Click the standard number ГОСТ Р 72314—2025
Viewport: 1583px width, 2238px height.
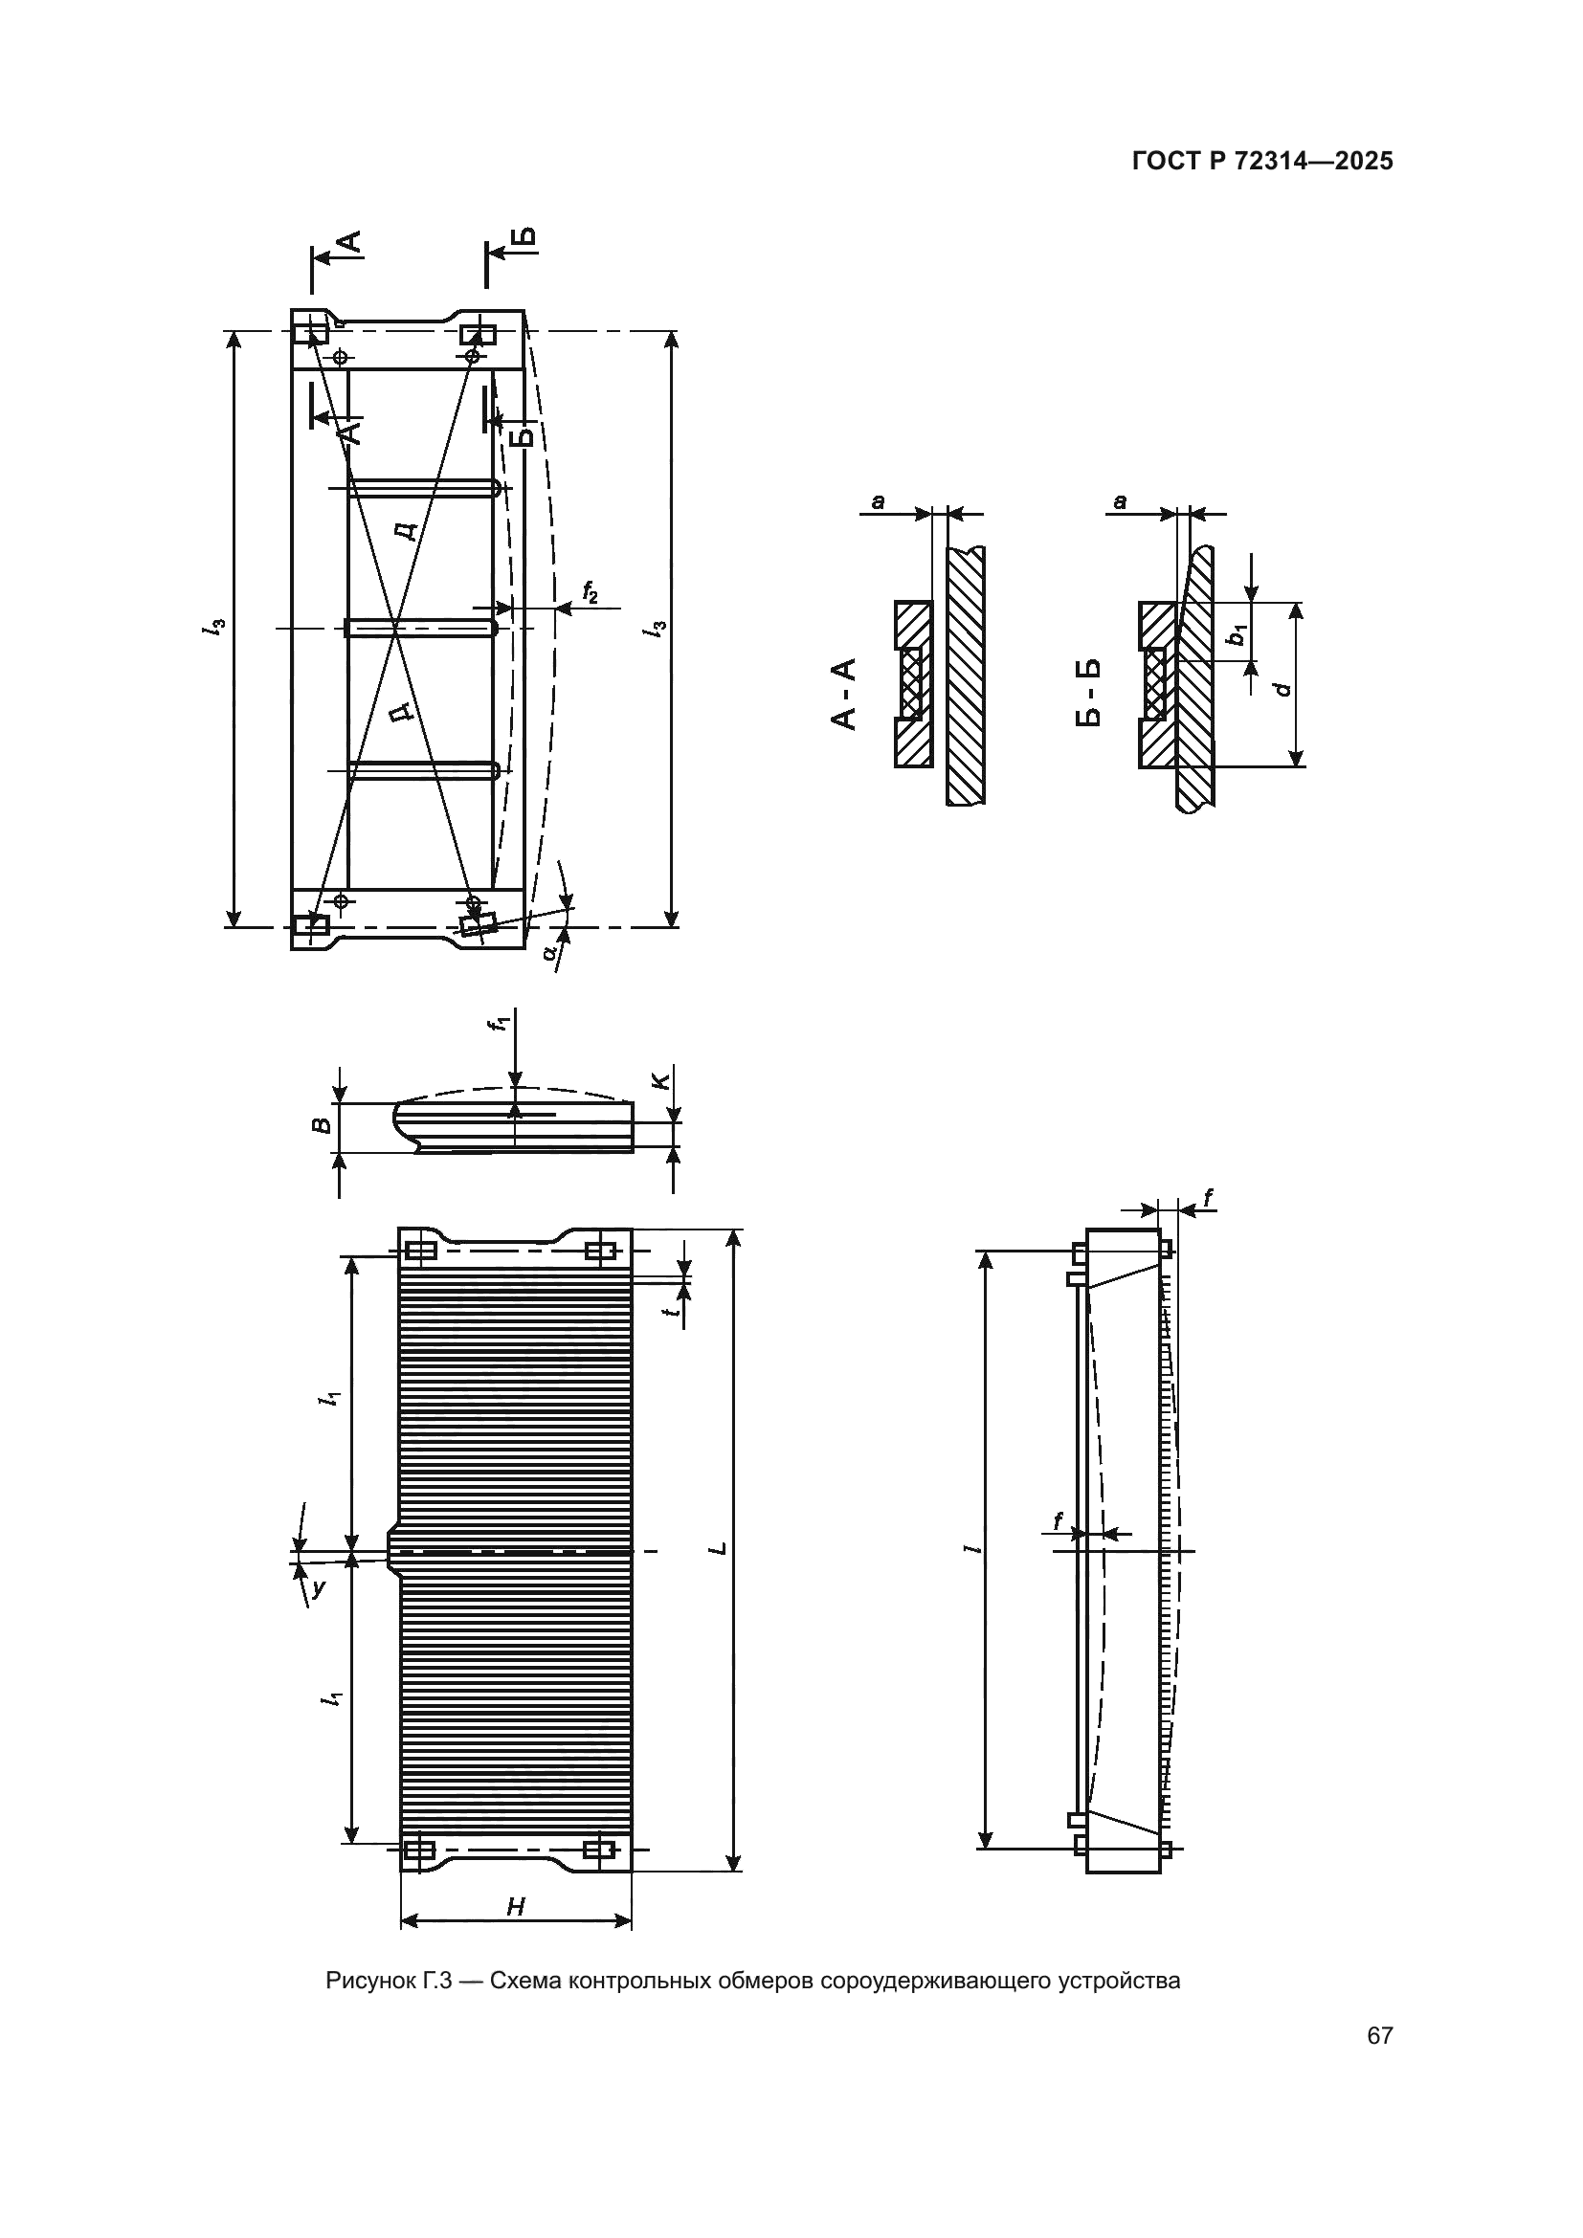click(x=1262, y=162)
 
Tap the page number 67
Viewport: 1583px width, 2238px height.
click(x=1379, y=2063)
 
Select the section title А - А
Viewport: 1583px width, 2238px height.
click(x=843, y=694)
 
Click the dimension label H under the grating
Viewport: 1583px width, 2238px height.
click(x=516, y=1907)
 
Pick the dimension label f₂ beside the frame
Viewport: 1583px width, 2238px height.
click(x=591, y=590)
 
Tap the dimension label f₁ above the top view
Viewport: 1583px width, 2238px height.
click(x=500, y=1024)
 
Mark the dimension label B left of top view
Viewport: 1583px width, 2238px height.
click(x=321, y=1127)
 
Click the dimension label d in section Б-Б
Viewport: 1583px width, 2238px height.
click(x=1283, y=689)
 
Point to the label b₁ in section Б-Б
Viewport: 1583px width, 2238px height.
click(x=1237, y=635)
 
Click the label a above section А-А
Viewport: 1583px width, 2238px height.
click(x=879, y=502)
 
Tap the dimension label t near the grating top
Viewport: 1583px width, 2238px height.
click(x=671, y=1311)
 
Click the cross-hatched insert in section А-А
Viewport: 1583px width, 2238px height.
click(x=912, y=681)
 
